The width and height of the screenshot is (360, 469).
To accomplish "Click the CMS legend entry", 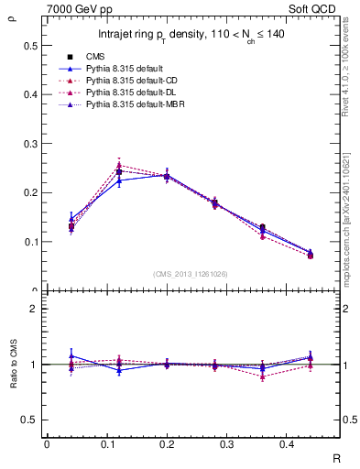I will coord(95,57).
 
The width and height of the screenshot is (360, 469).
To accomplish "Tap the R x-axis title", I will coord(336,457).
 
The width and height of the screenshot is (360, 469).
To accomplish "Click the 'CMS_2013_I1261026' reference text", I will coord(191,273).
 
